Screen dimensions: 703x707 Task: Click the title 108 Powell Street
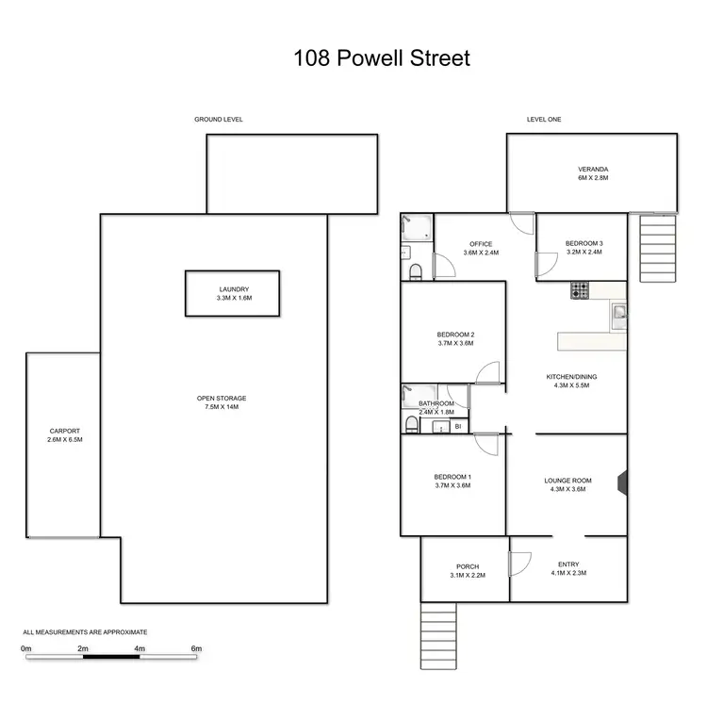pos(381,58)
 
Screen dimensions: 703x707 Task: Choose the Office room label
pos(481,245)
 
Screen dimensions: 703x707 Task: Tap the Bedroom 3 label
pos(584,244)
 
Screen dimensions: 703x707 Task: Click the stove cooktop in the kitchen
pos(579,291)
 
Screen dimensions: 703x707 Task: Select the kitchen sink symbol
pos(618,313)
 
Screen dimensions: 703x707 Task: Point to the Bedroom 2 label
pos(455,335)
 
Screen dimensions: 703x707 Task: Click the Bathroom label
pos(436,403)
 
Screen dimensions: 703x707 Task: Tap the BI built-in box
pos(458,427)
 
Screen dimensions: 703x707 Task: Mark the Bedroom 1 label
pos(453,477)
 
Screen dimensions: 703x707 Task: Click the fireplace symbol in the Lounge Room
pos(620,482)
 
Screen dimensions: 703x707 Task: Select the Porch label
pos(467,566)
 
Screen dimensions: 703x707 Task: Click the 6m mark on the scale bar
pos(196,649)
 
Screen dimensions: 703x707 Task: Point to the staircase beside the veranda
pos(658,247)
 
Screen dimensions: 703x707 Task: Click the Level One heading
pos(544,120)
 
